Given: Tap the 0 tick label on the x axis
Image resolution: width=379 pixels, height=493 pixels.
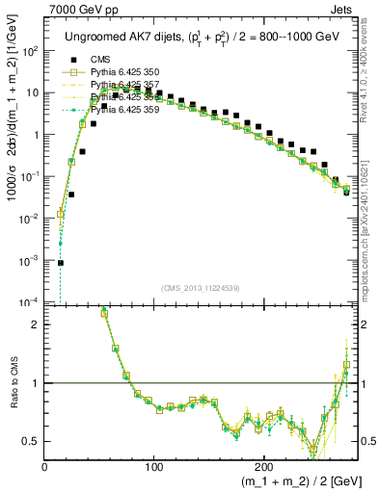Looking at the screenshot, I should point(45,465).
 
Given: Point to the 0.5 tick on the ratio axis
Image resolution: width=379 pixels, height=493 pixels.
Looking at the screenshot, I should point(31,440).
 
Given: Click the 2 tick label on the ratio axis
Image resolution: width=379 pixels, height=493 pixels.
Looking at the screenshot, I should point(36,324).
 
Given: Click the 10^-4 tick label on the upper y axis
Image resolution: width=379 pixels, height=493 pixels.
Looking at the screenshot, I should point(30,302).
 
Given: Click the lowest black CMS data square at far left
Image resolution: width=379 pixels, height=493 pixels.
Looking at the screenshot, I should point(61,262).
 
